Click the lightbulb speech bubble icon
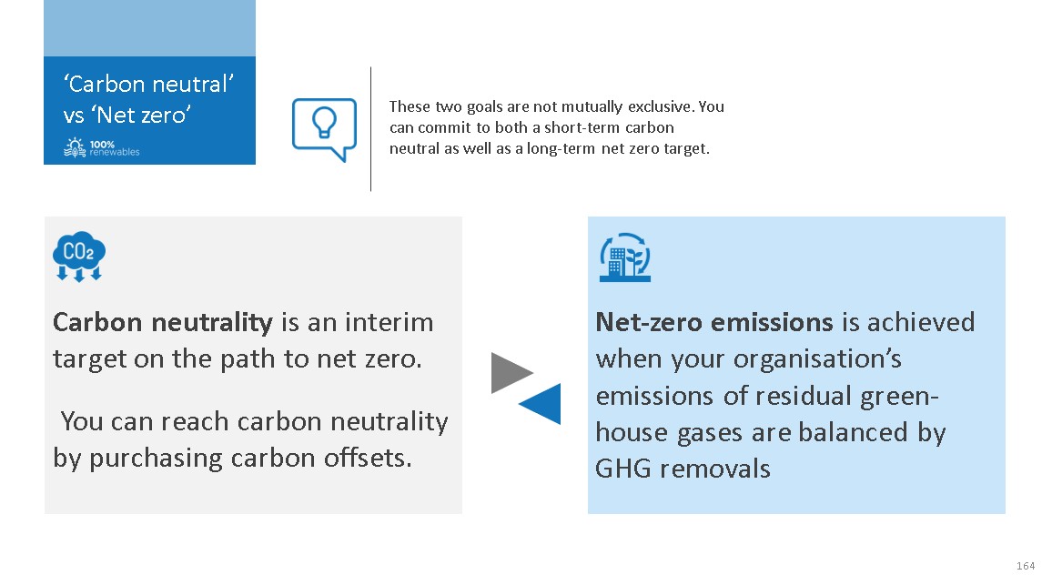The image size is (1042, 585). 324,129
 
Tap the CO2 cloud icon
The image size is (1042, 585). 79,257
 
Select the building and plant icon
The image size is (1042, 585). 625,257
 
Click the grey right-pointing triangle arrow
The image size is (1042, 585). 511,373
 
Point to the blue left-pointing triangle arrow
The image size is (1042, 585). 540,404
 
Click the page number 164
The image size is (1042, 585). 1026,566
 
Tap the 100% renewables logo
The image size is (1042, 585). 102,147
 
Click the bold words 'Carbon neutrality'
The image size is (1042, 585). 163,323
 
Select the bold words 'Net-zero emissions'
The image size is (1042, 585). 714,322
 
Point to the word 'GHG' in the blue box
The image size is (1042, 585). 623,469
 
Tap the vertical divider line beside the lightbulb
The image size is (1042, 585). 370,129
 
